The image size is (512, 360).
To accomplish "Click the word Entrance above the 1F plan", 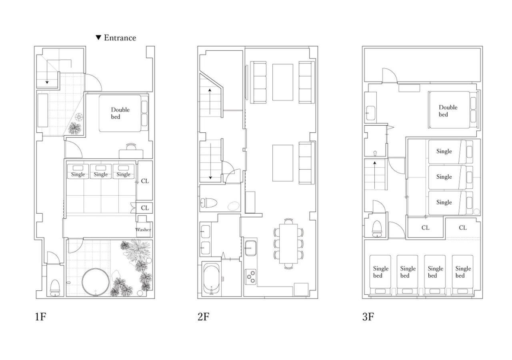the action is (x=120, y=38).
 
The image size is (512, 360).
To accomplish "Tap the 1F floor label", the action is (x=40, y=317).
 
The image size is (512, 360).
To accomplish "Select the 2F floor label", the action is (x=204, y=317).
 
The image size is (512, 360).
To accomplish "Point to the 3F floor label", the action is (x=368, y=317).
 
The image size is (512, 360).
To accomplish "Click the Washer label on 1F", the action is (x=143, y=230).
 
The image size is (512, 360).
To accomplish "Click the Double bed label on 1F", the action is (x=120, y=113).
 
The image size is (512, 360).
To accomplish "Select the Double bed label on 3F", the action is (x=448, y=111).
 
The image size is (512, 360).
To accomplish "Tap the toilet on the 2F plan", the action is (x=209, y=203).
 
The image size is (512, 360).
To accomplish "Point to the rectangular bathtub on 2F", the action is (x=212, y=279).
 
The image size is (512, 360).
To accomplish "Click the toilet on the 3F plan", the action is (x=377, y=228).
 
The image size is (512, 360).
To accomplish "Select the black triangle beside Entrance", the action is (x=98, y=38).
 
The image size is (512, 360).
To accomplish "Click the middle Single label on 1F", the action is (x=100, y=174).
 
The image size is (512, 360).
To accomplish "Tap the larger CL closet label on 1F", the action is (x=145, y=181).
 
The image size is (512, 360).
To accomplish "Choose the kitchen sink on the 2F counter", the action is (x=250, y=248).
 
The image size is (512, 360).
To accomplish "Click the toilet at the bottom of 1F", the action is (x=55, y=288).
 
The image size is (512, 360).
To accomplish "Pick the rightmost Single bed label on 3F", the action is (x=463, y=272).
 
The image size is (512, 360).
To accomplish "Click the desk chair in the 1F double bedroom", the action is (x=131, y=146).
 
